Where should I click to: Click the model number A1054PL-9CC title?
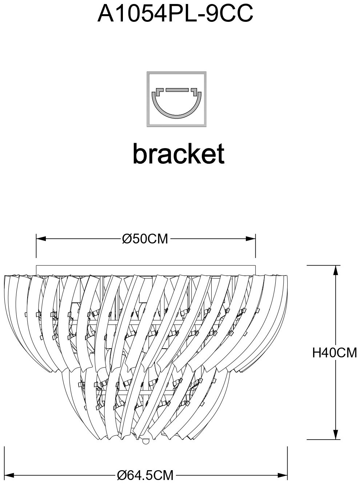coord(175,13)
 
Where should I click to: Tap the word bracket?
coord(179,153)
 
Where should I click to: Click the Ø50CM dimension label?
coord(145,239)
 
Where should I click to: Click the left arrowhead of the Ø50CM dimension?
coord(41,238)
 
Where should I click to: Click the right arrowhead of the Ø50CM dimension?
coord(251,238)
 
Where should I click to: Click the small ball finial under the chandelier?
coord(145,442)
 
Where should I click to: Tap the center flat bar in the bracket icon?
coord(177,90)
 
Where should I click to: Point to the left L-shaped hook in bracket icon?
coord(159,92)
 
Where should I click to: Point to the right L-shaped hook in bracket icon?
coord(194,92)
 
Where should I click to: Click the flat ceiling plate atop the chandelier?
coord(146,271)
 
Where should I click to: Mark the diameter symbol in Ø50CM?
coord(126,239)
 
